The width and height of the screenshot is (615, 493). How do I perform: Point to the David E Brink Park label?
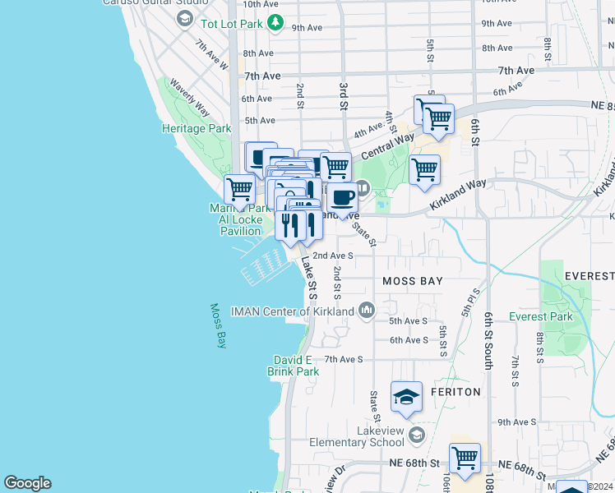293,366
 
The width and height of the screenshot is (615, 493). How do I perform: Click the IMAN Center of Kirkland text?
292,311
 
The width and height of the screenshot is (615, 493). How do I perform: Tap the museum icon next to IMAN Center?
367,311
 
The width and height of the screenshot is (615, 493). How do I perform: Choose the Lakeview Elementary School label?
358,436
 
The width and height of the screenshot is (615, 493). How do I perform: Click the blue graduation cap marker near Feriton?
406,398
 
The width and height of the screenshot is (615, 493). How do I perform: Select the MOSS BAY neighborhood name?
413,281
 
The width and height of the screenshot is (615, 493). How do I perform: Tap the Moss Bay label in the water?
218,326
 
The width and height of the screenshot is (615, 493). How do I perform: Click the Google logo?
27,483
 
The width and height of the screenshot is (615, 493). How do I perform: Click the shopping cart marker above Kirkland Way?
424,169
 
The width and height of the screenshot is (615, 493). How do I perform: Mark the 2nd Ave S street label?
333,256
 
